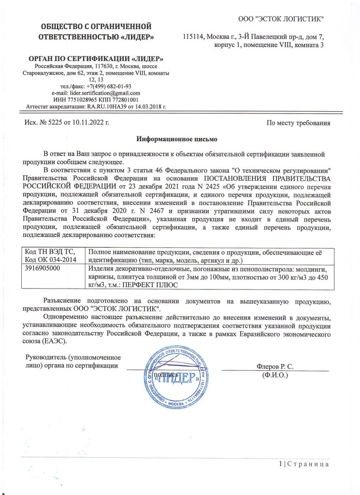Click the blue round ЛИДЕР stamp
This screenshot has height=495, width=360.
[x=179, y=375]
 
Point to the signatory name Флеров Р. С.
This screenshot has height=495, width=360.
[x=274, y=366]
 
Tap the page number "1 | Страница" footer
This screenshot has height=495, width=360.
[x=304, y=464]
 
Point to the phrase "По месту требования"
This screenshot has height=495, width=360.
[x=299, y=123]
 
